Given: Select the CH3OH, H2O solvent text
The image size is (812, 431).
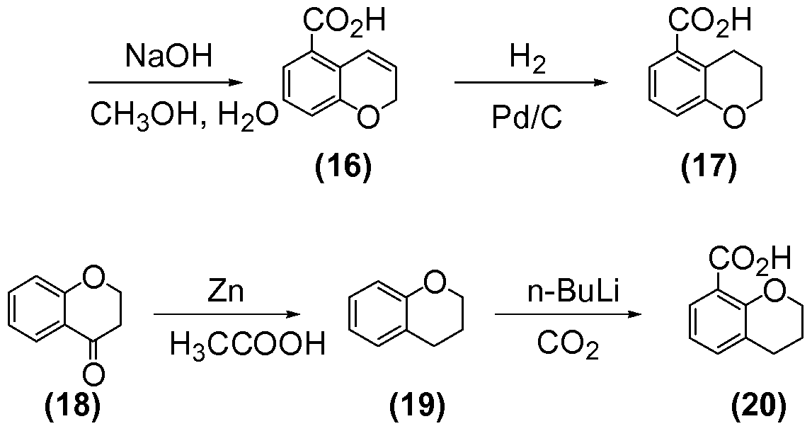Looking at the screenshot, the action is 184,114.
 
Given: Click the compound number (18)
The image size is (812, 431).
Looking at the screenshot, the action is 74,406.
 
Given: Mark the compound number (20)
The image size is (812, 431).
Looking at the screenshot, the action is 758,406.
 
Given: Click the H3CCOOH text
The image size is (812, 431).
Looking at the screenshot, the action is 248,345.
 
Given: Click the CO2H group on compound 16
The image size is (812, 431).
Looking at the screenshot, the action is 344,23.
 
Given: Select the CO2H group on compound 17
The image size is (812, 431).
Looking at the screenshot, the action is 709,23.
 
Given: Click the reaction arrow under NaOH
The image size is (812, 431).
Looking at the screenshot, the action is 165,83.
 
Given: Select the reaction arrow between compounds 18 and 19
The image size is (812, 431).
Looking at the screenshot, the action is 227,314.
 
